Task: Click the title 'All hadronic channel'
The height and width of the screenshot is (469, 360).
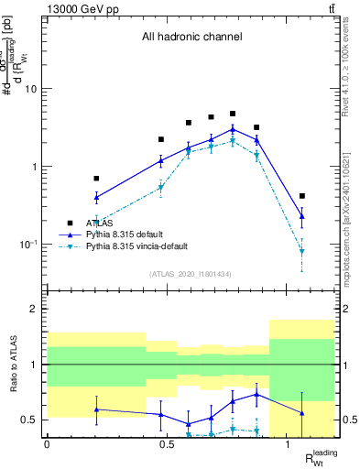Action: pyautogui.click(x=191, y=38)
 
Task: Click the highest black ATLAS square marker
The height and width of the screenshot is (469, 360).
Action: pyautogui.click(x=233, y=114)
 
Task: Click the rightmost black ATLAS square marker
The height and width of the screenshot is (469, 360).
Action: pyautogui.click(x=302, y=196)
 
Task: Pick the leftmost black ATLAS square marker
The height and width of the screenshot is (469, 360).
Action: pyautogui.click(x=96, y=179)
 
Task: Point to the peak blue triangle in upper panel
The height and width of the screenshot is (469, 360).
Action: pyautogui.click(x=233, y=129)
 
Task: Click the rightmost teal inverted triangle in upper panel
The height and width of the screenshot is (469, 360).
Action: pyautogui.click(x=302, y=251)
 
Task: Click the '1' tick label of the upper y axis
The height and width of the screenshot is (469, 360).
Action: pyautogui.click(x=35, y=167)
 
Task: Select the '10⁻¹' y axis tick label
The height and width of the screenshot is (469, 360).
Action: pyautogui.click(x=28, y=245)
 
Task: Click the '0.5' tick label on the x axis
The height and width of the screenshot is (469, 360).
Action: pyautogui.click(x=168, y=444)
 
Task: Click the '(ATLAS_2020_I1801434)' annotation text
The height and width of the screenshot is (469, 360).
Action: pyautogui.click(x=191, y=275)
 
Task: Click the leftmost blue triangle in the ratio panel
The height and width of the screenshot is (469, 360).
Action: pyautogui.click(x=96, y=409)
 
